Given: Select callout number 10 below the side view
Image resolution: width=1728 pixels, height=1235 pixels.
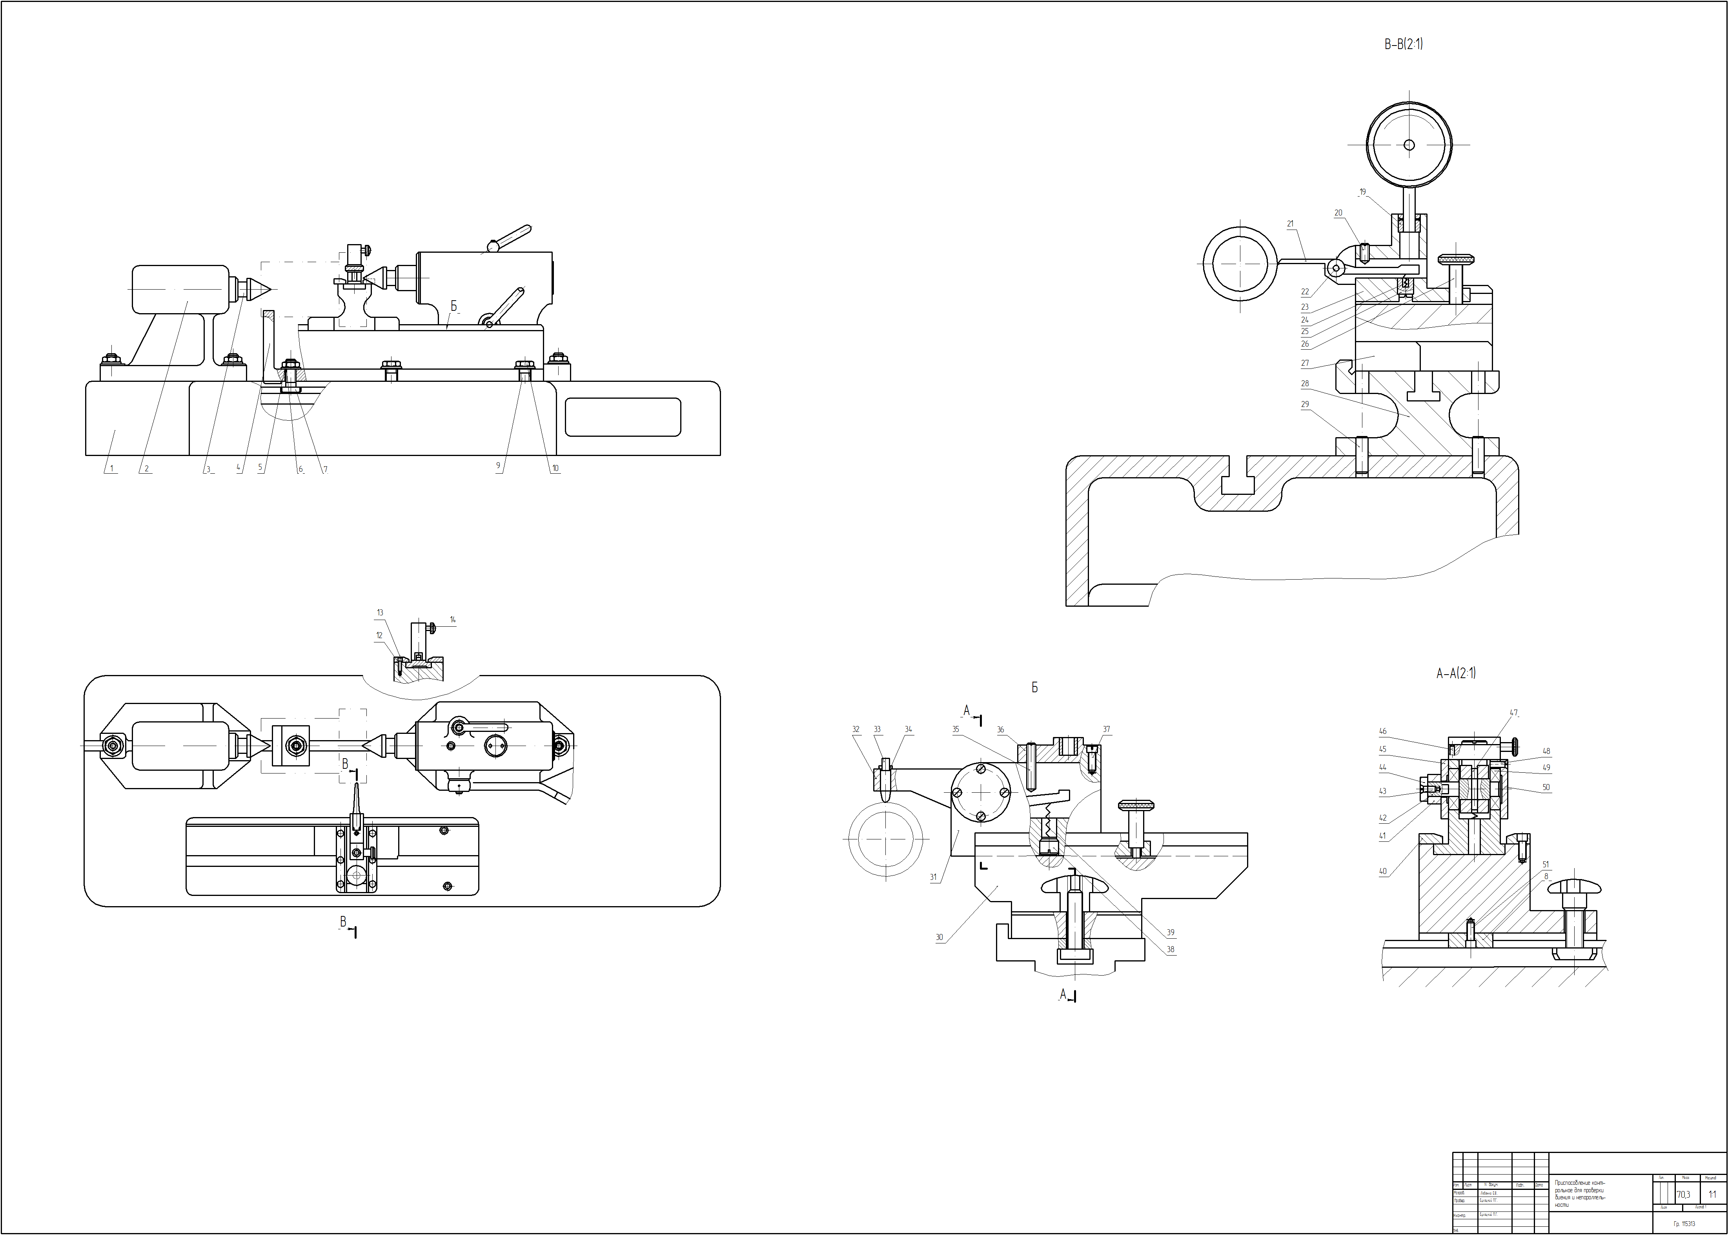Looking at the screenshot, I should point(555,469).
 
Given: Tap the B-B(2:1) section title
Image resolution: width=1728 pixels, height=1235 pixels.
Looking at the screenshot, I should point(1403,45).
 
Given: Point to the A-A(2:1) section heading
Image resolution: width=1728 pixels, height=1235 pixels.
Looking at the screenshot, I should point(1456,673).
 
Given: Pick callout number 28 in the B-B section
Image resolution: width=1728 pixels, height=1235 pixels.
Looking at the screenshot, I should point(1305,384).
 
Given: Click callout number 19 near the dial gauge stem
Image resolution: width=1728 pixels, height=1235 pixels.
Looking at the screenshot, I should point(1362,192).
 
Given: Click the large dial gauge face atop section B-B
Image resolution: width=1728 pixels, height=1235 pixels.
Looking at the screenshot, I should point(1409,144).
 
